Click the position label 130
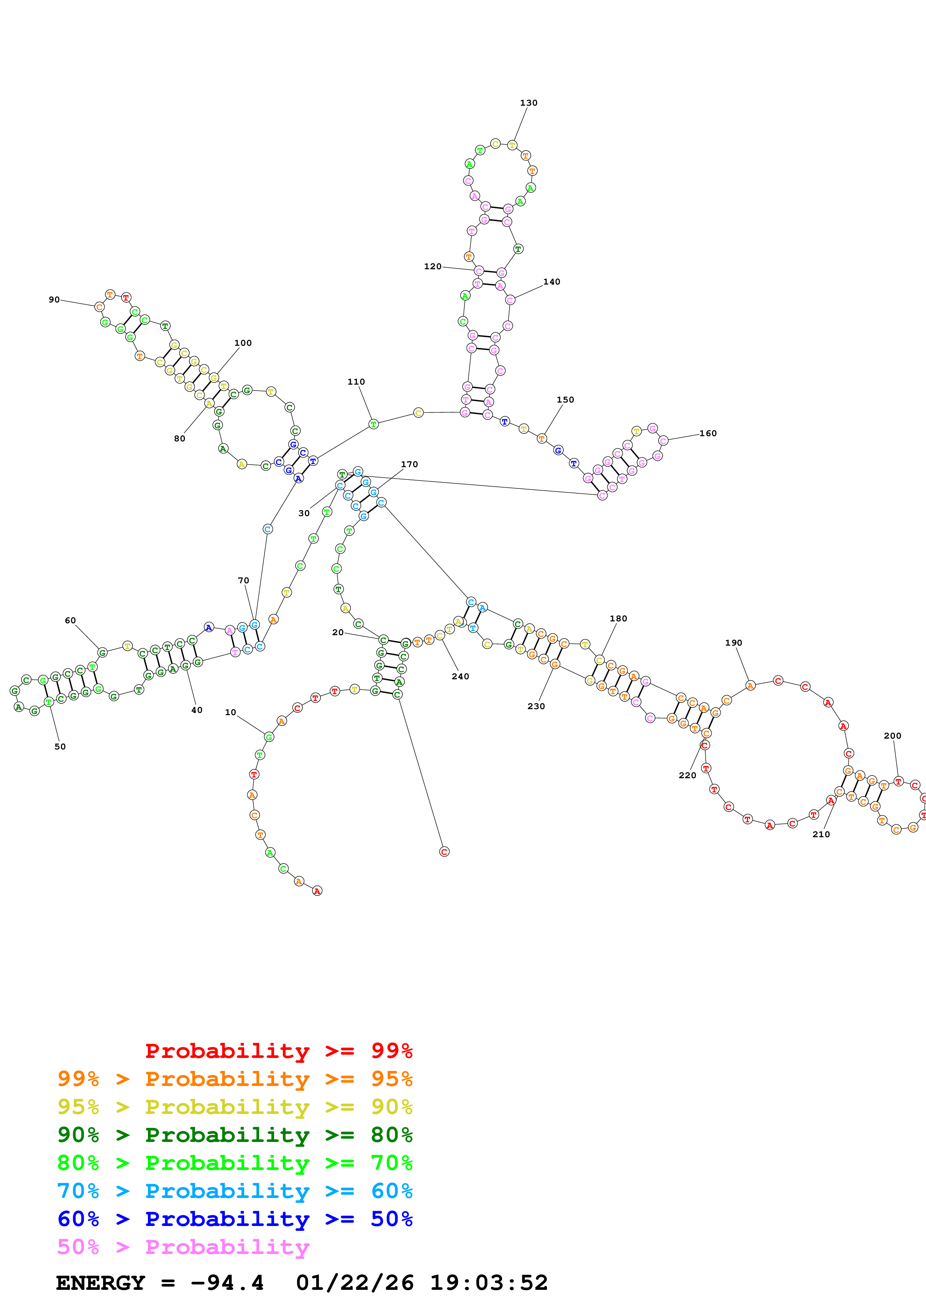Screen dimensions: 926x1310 coord(528,103)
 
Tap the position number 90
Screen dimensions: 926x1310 coord(54,299)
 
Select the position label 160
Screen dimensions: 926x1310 coord(708,433)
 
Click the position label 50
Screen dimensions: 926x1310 coord(60,746)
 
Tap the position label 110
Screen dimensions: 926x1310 coord(356,382)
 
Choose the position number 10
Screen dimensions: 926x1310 coord(230,712)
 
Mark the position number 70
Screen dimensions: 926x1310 coord(244,580)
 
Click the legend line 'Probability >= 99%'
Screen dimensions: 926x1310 coord(278,1050)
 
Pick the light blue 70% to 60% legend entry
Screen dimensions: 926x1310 coord(235,1191)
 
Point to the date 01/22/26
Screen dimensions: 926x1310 coord(355,1283)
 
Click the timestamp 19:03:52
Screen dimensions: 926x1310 coord(488,1283)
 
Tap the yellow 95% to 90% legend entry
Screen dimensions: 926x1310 coord(235,1106)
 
